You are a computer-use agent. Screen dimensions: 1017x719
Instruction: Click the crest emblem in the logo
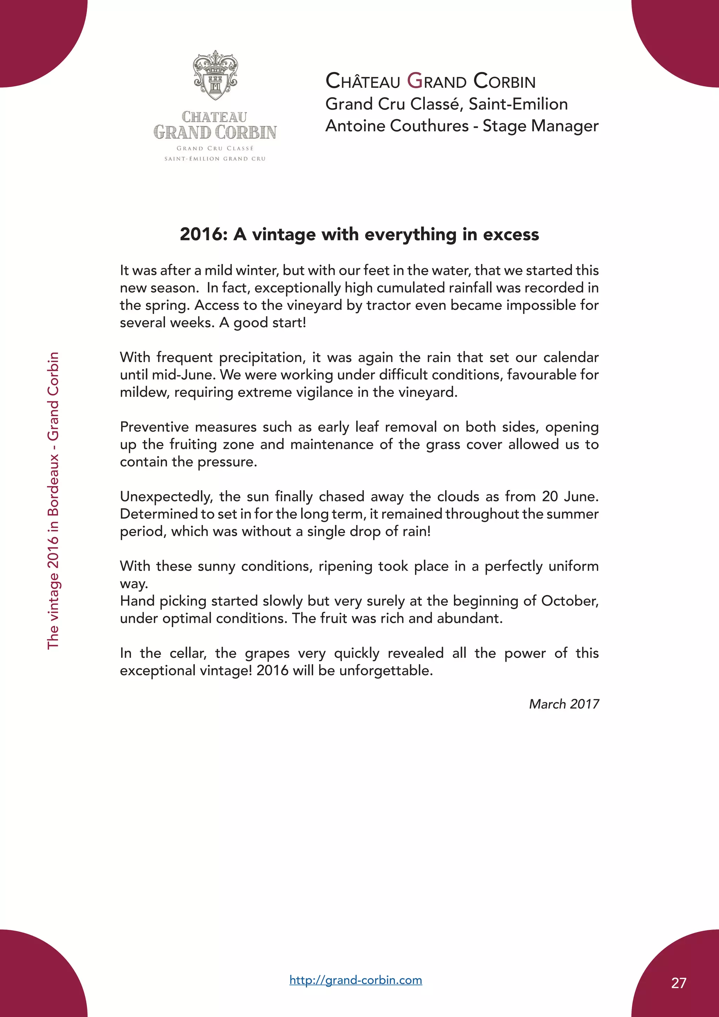point(215,75)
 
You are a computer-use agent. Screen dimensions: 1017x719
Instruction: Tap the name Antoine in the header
point(352,126)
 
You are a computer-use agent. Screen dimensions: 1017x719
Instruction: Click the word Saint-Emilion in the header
point(518,104)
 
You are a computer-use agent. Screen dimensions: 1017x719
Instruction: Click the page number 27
point(678,983)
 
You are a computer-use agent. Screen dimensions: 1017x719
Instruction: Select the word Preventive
point(154,427)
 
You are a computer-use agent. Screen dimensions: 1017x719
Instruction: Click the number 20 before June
point(550,497)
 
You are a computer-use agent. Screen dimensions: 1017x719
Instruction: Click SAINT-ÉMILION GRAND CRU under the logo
point(215,159)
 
